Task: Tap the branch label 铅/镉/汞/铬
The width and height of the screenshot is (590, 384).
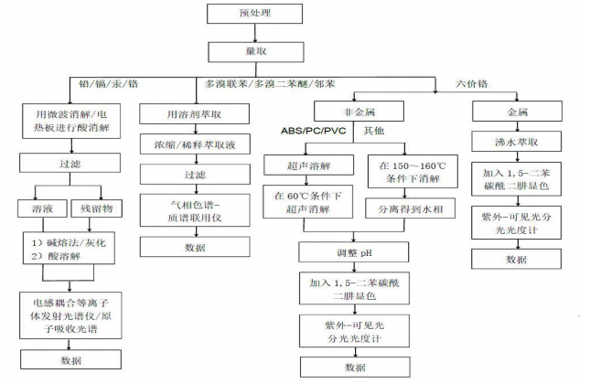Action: coord(103,85)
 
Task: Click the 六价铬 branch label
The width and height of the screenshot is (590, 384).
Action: coord(474,85)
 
